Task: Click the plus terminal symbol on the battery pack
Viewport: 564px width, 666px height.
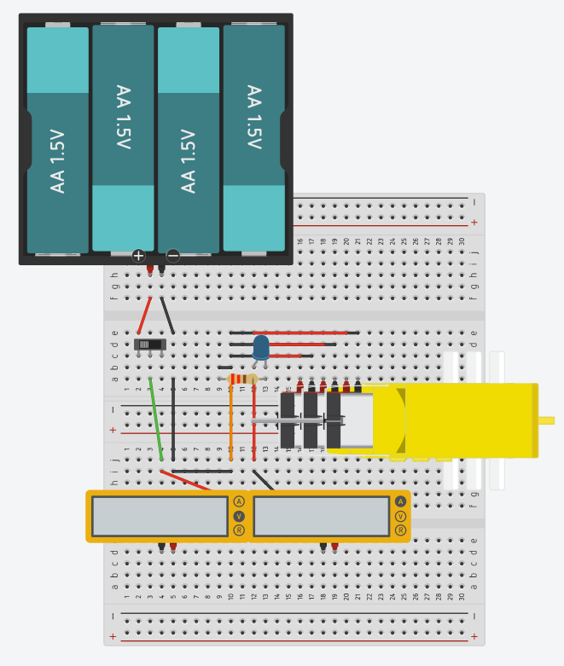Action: pos(138,255)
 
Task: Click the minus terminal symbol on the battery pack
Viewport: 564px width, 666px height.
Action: pos(173,255)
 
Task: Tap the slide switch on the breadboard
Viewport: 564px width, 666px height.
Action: pos(150,345)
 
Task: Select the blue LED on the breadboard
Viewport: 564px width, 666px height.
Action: pos(261,346)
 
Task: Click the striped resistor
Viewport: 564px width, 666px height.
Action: pos(244,379)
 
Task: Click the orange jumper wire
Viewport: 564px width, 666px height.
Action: pos(230,422)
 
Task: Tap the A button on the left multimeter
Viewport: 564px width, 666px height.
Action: pos(239,501)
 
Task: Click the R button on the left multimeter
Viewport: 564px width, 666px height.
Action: pos(239,530)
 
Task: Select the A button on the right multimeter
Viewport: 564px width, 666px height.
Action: pos(400,501)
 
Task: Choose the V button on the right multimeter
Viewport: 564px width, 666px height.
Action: pos(400,516)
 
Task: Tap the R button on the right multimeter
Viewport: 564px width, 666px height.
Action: pos(400,530)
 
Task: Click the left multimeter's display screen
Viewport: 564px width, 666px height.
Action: pos(160,516)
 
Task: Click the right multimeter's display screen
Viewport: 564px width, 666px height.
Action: pos(321,516)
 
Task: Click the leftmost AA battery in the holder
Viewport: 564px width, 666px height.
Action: pos(58,141)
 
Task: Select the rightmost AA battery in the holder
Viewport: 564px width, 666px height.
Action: pos(253,138)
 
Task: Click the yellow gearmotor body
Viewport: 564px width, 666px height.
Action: pos(469,420)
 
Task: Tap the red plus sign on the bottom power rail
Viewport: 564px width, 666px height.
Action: pos(113,636)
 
